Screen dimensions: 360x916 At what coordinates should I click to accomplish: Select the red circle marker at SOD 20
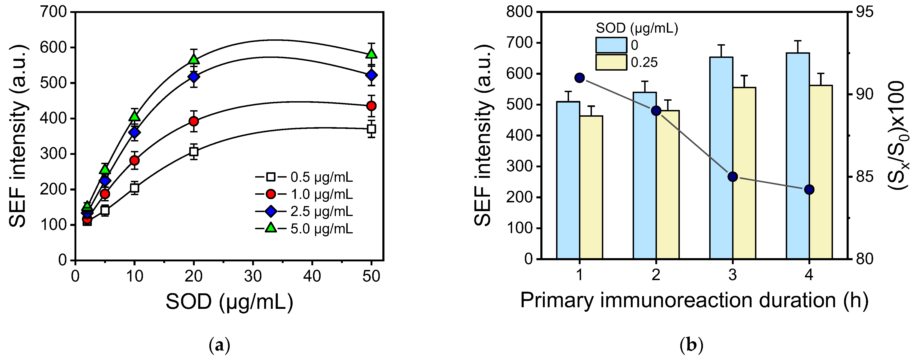[194, 121]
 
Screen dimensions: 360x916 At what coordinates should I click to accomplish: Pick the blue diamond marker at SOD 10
[134, 133]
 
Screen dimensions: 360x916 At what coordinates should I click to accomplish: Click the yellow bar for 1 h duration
[591, 187]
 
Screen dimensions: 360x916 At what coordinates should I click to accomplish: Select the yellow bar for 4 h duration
[821, 172]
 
